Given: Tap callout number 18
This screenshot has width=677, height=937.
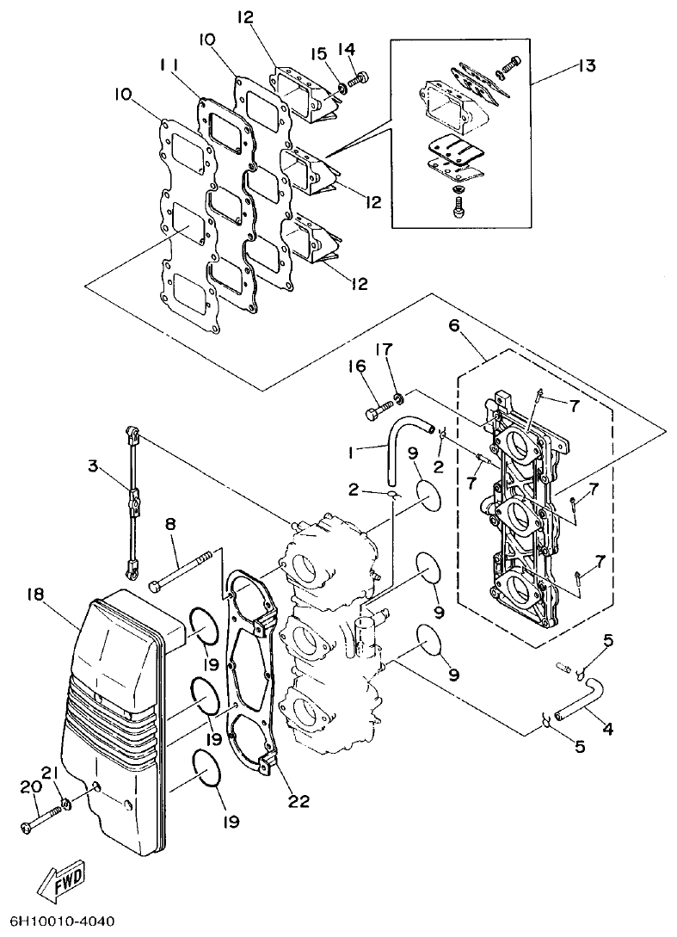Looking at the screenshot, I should tap(35, 595).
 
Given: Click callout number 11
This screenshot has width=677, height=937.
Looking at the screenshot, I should tap(169, 65).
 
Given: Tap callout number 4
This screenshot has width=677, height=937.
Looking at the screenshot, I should tap(607, 729).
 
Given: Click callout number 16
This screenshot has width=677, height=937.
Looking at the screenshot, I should tap(358, 368).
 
